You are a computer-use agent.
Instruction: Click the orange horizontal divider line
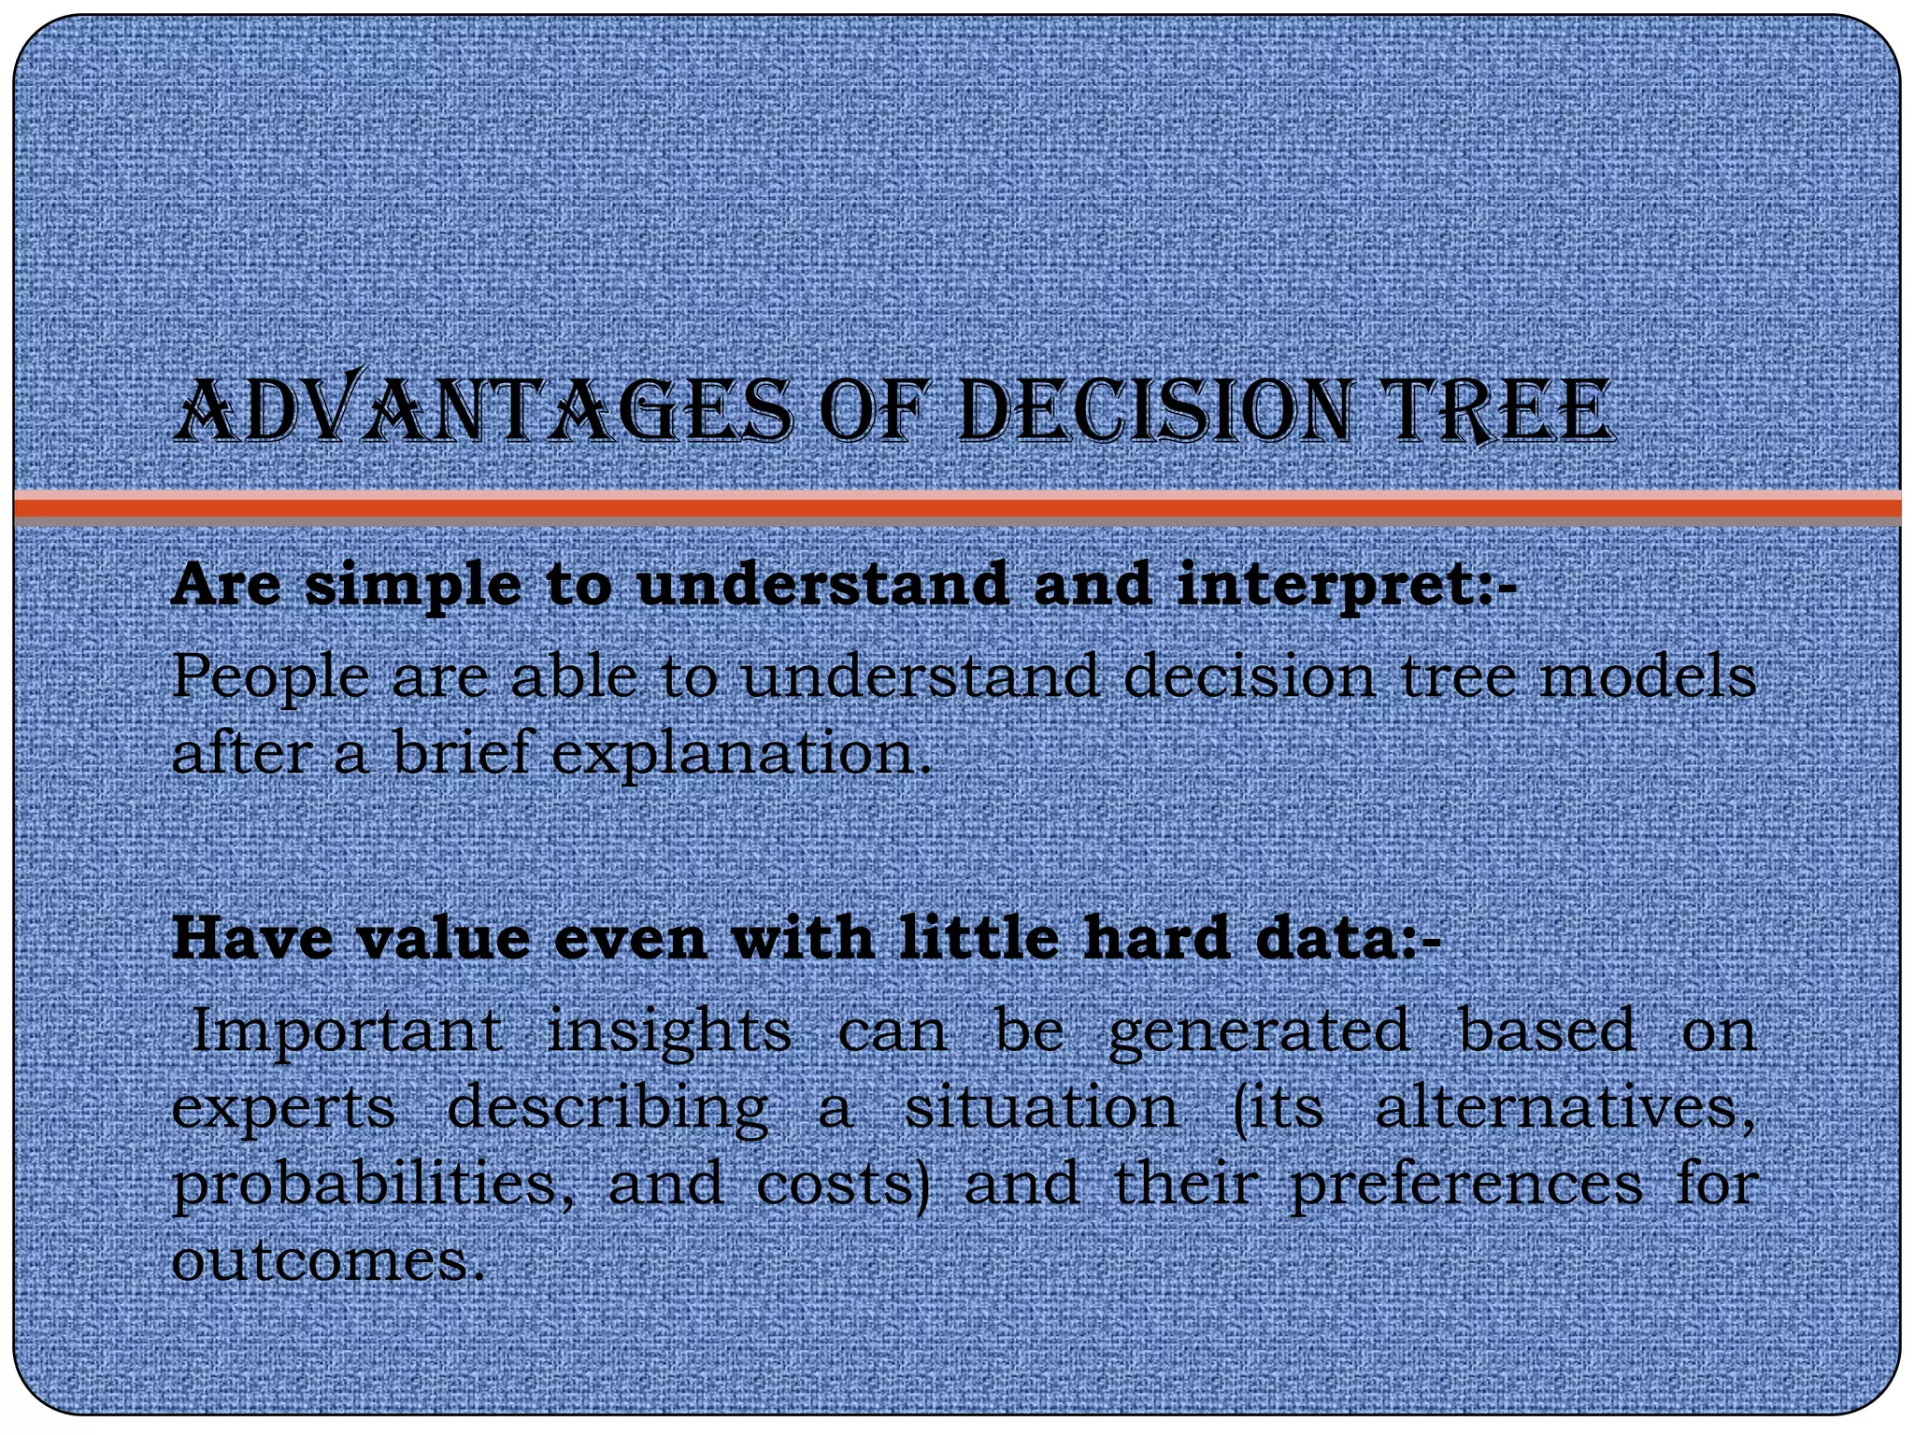(957, 507)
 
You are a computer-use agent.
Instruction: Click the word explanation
(741, 753)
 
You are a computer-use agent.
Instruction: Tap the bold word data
(1326, 938)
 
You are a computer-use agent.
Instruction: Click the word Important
(346, 1031)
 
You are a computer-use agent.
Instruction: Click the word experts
(284, 1110)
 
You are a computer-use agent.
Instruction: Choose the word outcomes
(327, 1261)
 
